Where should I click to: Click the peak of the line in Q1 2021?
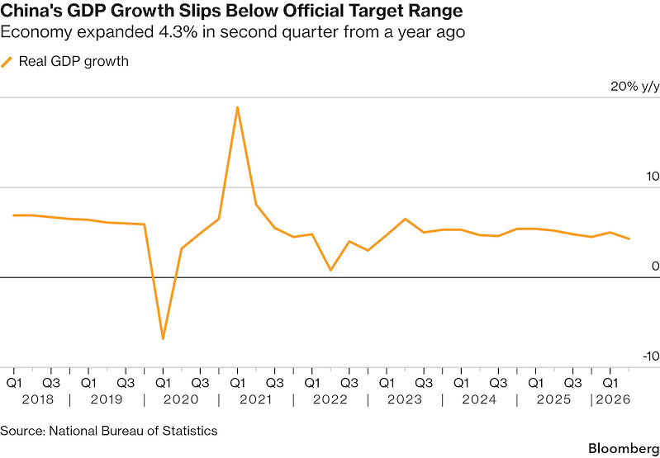pos(237,107)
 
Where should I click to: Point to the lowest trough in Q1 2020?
pos(163,338)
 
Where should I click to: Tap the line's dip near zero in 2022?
pos(330,270)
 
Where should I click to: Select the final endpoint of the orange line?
pos(629,238)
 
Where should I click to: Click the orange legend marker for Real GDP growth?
pos(7,62)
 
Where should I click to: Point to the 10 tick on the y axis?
pos(652,177)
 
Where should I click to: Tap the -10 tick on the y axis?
pos(650,356)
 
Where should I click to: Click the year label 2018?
pos(38,399)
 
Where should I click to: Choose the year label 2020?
pos(182,399)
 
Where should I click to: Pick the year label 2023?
pos(405,399)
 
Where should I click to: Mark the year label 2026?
pos(613,399)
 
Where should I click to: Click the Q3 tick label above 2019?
pos(126,383)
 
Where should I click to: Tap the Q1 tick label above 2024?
pos(461,383)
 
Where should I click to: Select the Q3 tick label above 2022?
pos(349,383)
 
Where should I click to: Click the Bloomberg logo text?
pos(624,447)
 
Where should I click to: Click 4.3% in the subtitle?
pos(179,32)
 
